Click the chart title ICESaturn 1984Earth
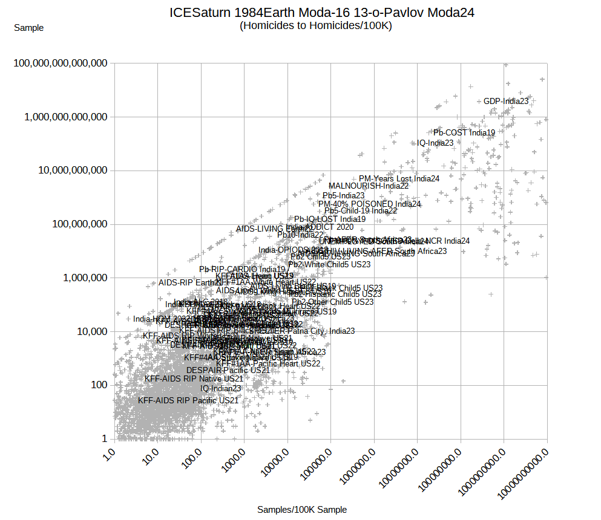pyautogui.click(x=321, y=13)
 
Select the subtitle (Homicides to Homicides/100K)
pyautogui.click(x=315, y=26)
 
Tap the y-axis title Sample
pyautogui.click(x=28, y=28)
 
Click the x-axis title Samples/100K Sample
pyautogui.click(x=302, y=510)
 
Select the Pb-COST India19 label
pyautogui.click(x=464, y=132)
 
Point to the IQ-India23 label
pyautogui.click(x=435, y=143)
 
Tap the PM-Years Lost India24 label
pyautogui.click(x=399, y=179)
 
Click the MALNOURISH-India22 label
pyautogui.click(x=369, y=186)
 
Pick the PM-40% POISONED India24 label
pyautogui.click(x=369, y=204)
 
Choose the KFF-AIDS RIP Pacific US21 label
pyautogui.click(x=188, y=400)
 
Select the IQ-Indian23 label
pyautogui.click(x=221, y=389)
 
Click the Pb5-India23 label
pyautogui.click(x=343, y=196)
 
